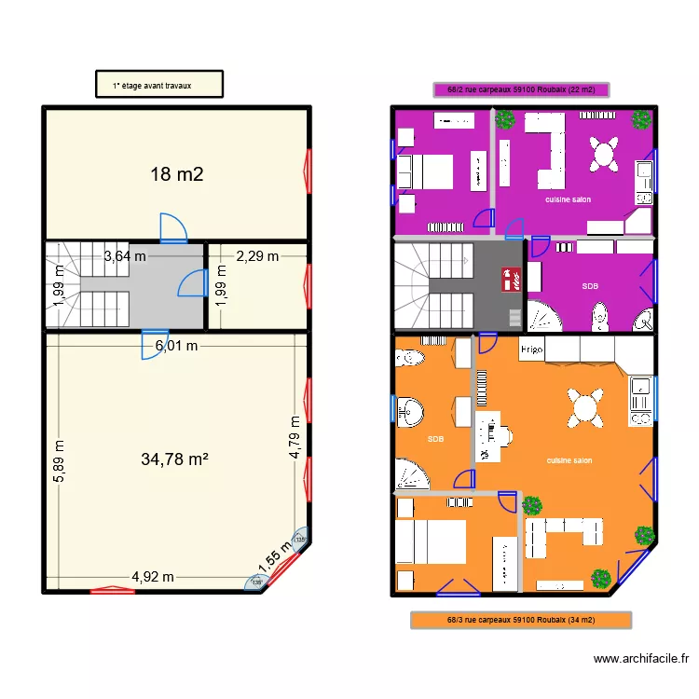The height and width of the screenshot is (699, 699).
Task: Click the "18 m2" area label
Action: tap(177, 173)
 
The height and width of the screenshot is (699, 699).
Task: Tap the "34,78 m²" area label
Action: tap(174, 459)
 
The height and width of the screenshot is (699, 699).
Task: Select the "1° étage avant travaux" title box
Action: tap(159, 84)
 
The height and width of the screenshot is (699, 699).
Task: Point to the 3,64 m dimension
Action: tap(125, 256)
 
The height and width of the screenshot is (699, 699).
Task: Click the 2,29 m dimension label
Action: tap(256, 256)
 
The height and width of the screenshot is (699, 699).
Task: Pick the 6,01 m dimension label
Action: tap(177, 346)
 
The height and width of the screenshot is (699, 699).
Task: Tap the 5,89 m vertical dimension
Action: tap(60, 460)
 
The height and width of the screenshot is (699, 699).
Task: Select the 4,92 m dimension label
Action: tap(152, 576)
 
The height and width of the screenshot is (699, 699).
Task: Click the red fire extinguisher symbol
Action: tap(510, 279)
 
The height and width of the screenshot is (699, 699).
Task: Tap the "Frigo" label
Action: tap(531, 349)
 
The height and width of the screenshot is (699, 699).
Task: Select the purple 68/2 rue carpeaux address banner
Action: tap(521, 90)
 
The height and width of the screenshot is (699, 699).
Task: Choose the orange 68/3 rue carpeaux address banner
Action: tap(521, 620)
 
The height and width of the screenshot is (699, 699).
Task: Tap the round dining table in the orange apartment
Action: tap(584, 406)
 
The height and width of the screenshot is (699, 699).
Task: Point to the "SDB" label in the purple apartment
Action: tap(590, 286)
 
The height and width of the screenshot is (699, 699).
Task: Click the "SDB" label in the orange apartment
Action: tap(435, 438)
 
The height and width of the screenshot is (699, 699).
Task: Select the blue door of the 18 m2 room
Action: tap(173, 227)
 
